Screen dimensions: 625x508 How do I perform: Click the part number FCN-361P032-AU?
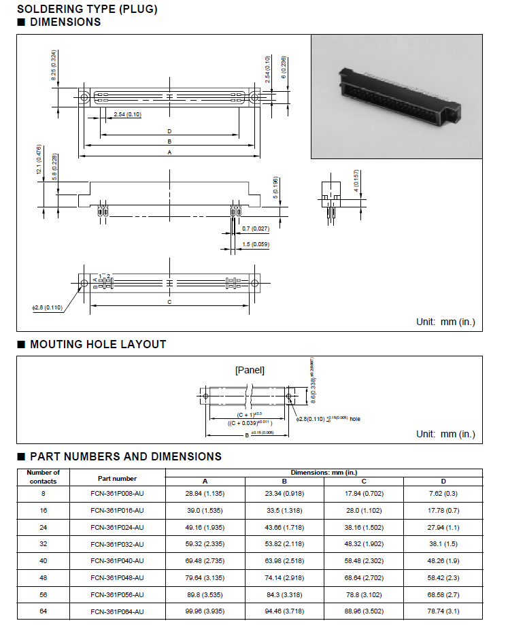(117, 544)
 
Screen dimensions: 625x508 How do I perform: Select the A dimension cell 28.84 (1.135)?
(205, 493)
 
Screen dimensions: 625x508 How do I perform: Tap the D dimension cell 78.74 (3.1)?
(443, 611)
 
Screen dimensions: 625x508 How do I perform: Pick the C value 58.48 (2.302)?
(363, 561)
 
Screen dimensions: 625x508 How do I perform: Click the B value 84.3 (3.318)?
(284, 594)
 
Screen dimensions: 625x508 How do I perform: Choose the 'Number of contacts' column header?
(43, 476)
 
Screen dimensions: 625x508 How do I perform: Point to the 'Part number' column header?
(117, 478)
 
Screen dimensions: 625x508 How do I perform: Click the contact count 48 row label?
(43, 578)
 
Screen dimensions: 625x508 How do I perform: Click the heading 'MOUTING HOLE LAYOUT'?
(98, 345)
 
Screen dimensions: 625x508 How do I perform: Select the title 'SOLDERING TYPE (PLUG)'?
(87, 9)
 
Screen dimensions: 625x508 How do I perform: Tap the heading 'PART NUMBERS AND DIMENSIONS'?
(126, 456)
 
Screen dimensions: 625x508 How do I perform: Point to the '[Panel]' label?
(249, 370)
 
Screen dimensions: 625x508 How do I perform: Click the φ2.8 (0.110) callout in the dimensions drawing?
(47, 307)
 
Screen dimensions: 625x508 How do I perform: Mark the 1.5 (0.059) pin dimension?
(256, 244)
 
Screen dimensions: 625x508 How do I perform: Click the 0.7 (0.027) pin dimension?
(256, 229)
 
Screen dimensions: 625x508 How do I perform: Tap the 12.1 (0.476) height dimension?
(39, 160)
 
